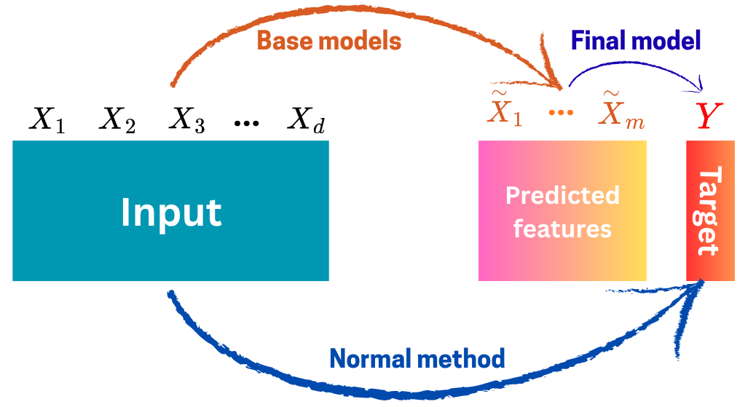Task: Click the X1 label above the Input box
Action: [47, 121]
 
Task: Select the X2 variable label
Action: [117, 121]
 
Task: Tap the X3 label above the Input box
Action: [187, 121]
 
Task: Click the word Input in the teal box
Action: [171, 212]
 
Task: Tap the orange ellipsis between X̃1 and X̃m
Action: [561, 114]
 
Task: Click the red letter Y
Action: [706, 116]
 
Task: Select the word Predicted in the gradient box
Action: [562, 195]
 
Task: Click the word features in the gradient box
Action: [562, 229]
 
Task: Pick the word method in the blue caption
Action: [465, 358]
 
